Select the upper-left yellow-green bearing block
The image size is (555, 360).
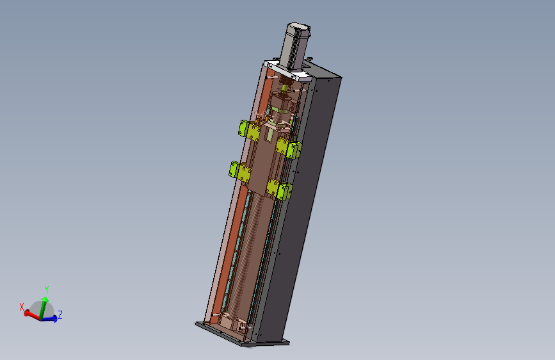tap(249, 130)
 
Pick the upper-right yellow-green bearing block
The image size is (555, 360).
tap(289, 148)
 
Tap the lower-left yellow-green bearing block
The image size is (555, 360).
tap(240, 172)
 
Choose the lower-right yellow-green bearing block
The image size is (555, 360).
tap(279, 189)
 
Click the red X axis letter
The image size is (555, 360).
tap(22, 307)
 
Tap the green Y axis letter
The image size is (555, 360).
tap(46, 290)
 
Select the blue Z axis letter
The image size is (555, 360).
tap(60, 315)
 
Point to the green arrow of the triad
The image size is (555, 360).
tap(43, 307)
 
